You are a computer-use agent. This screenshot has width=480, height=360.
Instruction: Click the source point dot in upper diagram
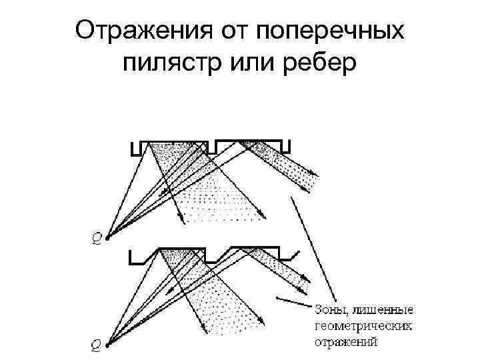[x=107, y=233]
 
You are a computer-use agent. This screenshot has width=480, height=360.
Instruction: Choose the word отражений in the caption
[x=346, y=343]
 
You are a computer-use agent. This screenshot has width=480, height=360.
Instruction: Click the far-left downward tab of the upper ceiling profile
[x=135, y=149]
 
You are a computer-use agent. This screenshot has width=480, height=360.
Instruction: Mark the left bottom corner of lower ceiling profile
[x=133, y=261]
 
